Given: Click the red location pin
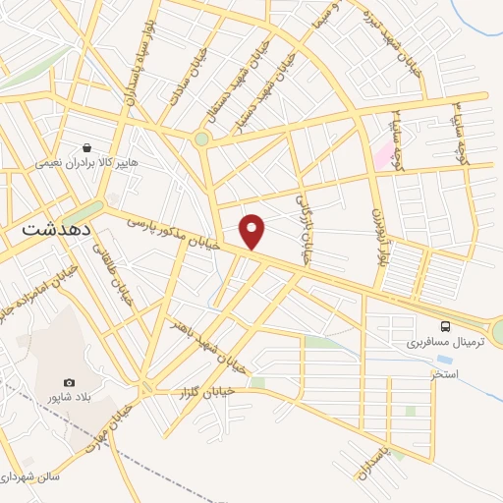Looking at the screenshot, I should [252, 231].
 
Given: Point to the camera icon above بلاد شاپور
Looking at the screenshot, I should [69, 382].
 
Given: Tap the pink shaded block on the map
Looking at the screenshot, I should [381, 155].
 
